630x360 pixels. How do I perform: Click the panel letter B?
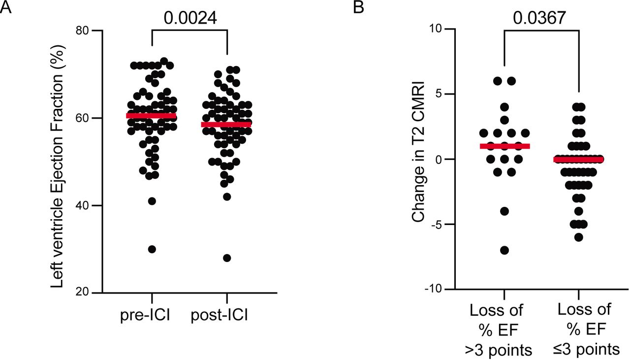point(359,8)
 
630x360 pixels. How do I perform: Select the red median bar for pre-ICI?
point(151,116)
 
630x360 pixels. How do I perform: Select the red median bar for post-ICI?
point(226,125)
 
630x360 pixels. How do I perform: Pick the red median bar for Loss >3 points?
point(504,146)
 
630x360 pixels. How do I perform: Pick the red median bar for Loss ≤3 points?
point(579,160)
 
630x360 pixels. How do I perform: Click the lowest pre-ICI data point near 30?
point(152,249)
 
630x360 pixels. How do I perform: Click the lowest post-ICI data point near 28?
point(227,258)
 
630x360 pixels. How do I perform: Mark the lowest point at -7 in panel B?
point(504,250)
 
